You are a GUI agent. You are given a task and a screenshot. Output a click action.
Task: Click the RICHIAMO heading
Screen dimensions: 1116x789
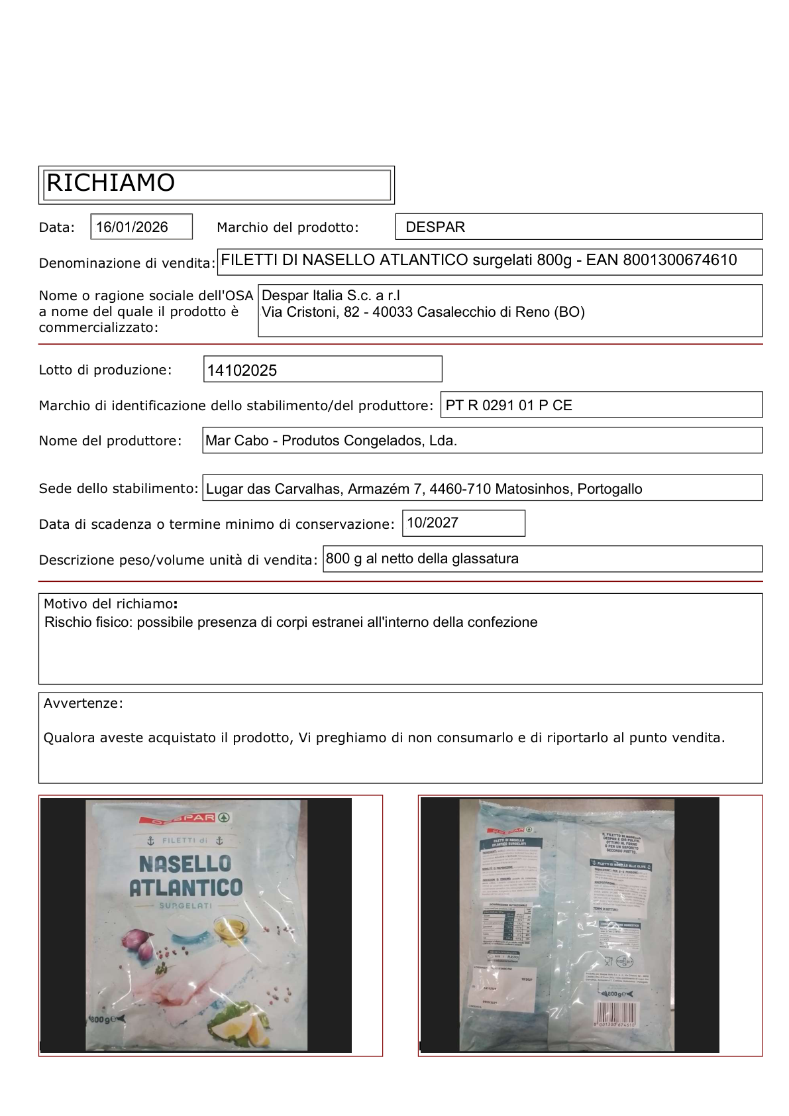pyautogui.click(x=111, y=183)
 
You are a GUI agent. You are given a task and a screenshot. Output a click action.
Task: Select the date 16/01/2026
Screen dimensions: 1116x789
pyautogui.click(x=132, y=227)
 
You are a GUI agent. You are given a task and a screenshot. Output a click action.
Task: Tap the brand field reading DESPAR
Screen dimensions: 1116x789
pyautogui.click(x=435, y=227)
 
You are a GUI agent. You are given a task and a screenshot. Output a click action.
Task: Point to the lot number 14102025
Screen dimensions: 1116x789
pyautogui.click(x=242, y=370)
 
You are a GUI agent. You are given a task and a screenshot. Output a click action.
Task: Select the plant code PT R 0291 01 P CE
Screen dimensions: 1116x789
pyautogui.click(x=508, y=406)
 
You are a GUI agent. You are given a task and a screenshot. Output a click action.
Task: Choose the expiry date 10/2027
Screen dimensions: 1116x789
pyautogui.click(x=432, y=523)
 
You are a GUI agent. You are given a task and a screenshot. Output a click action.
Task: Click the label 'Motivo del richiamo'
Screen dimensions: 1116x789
pyautogui.click(x=109, y=604)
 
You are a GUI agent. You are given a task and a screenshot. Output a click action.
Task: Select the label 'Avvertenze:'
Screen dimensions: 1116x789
pyautogui.click(x=83, y=703)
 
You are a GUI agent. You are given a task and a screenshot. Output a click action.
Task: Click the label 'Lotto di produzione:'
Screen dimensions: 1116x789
pyautogui.click(x=105, y=370)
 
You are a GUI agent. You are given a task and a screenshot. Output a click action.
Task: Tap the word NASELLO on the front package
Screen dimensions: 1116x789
pyautogui.click(x=185, y=864)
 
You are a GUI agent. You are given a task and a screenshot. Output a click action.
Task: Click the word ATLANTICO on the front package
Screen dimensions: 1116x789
pyautogui.click(x=186, y=887)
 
